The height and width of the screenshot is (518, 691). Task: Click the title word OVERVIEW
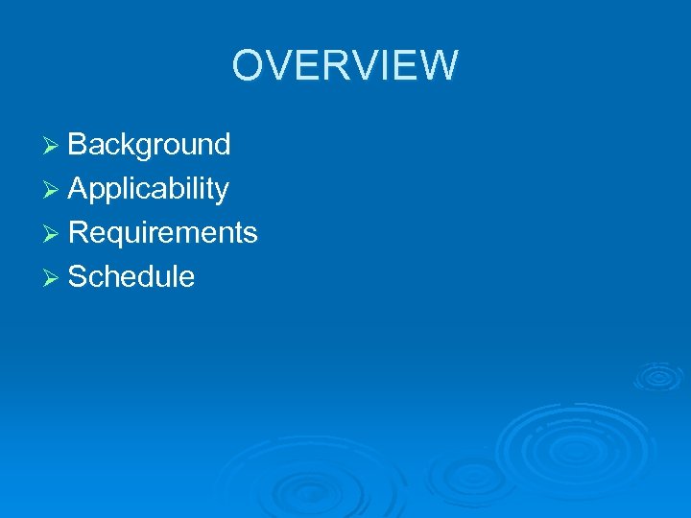tap(345, 65)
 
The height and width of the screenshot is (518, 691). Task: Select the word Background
tap(149, 145)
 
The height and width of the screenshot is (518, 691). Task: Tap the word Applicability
tap(148, 189)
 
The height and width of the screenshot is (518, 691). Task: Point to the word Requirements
tap(162, 233)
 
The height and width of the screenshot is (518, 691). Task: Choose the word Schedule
tap(131, 277)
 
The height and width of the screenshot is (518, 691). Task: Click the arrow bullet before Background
tap(54, 145)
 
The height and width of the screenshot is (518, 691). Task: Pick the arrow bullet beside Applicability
tap(54, 189)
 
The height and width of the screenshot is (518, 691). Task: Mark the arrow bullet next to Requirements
tap(54, 233)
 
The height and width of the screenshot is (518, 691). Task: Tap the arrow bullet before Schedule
tap(54, 277)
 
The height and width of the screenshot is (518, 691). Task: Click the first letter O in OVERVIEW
tap(248, 65)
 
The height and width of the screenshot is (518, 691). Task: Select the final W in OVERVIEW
tap(440, 65)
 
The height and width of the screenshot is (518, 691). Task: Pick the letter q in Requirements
tap(115, 236)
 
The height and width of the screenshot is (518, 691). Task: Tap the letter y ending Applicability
tap(222, 192)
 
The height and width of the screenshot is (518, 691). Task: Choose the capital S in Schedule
tap(78, 277)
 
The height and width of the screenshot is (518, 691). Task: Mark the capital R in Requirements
tap(79, 233)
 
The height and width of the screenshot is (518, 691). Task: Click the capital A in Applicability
tap(78, 189)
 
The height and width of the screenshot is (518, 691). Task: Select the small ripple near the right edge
tap(659, 376)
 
